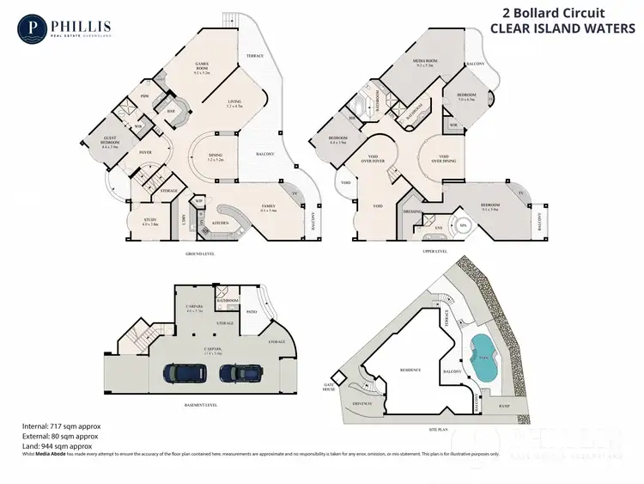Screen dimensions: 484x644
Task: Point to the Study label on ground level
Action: pyautogui.click(x=150, y=221)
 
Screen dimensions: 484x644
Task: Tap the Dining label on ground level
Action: pyautogui.click(x=216, y=157)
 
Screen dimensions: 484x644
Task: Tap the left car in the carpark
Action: pyautogui.click(x=184, y=373)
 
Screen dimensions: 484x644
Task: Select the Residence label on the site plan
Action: pyautogui.click(x=410, y=370)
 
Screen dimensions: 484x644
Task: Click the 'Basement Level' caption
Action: pyautogui.click(x=201, y=405)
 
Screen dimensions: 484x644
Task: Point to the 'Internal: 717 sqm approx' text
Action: pyautogui.click(x=57, y=426)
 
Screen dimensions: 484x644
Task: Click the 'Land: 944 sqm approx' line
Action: pyautogui.click(x=57, y=446)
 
